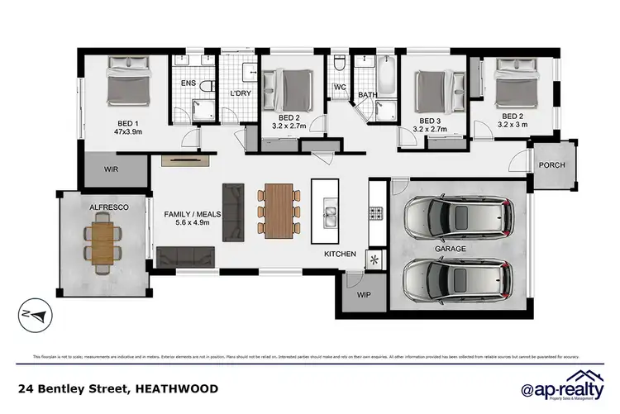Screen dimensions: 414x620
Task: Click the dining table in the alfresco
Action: coord(103,237)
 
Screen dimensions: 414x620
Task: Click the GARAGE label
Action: coord(451,248)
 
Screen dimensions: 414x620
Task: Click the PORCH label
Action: coord(551,164)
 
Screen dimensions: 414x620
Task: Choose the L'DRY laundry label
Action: coord(240,93)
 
